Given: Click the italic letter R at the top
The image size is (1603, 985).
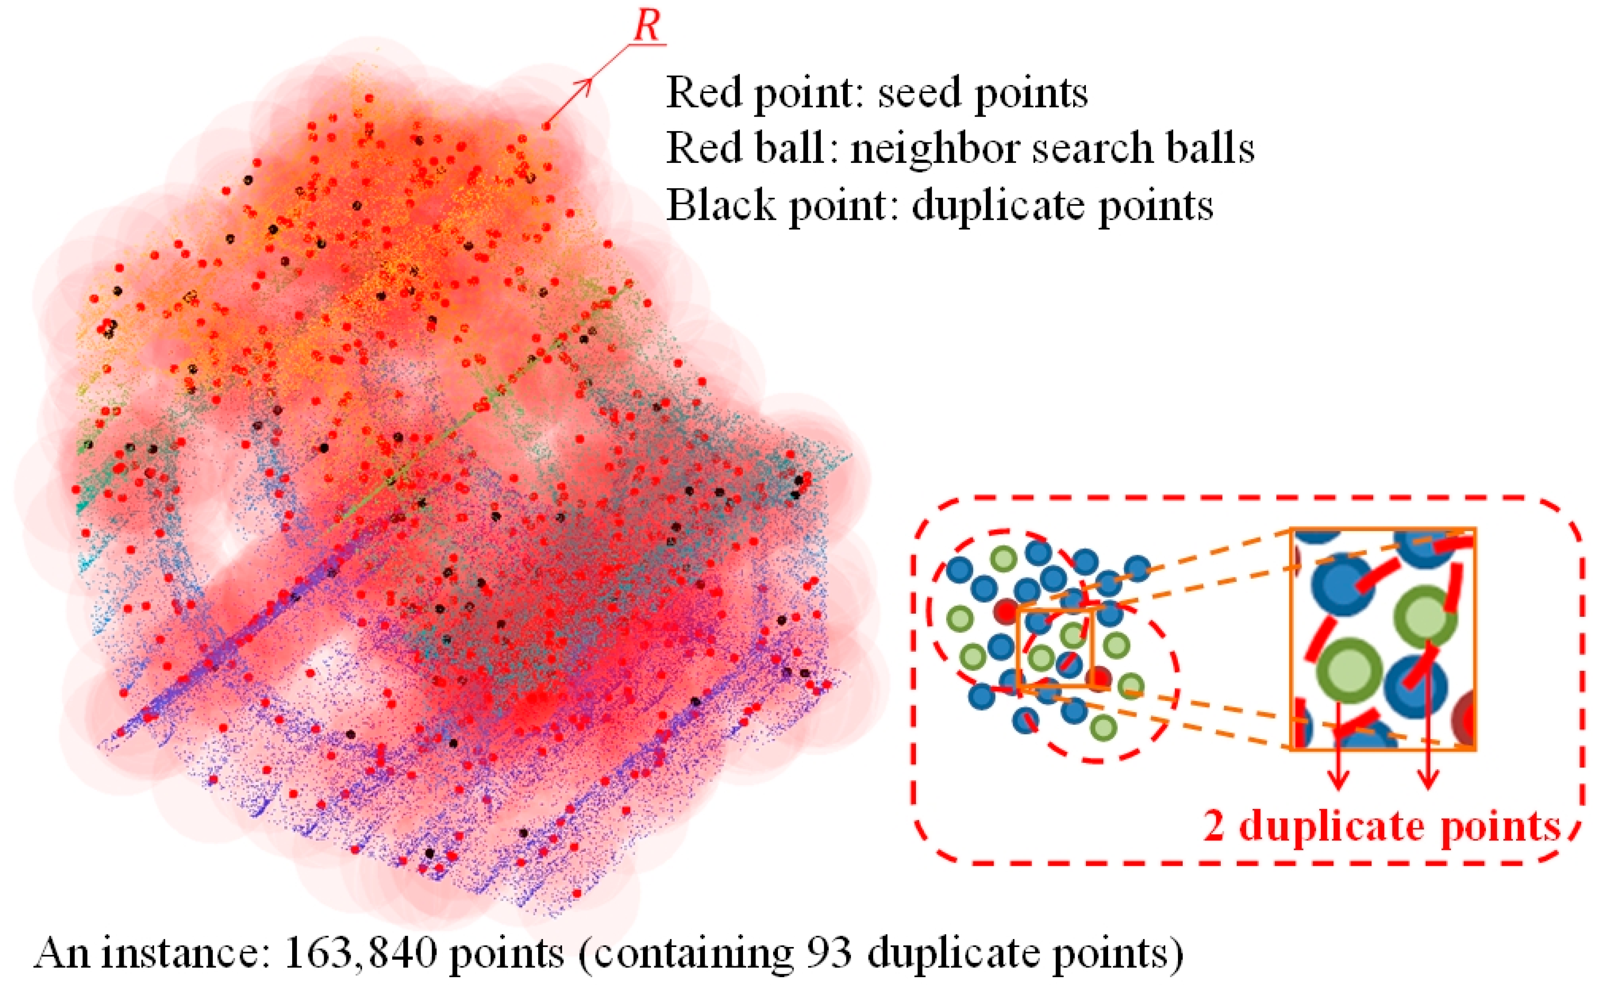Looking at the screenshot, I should [x=647, y=28].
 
